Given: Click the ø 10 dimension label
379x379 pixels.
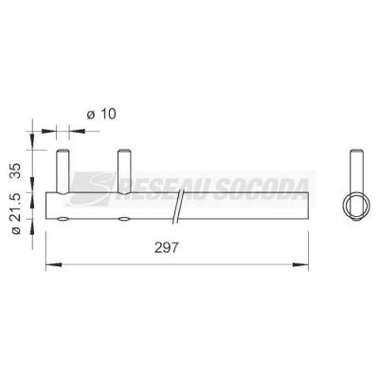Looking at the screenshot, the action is [101, 114].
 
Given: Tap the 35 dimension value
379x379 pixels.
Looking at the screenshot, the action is [15, 171].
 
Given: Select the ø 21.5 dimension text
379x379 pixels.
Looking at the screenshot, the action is [15, 214].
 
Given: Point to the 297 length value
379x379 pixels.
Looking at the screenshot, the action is [167, 247].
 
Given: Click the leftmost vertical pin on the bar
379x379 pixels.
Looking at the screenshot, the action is [63, 171].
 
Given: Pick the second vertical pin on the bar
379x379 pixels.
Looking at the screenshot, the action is [124, 171].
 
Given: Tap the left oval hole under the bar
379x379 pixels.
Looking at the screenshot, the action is [63, 220].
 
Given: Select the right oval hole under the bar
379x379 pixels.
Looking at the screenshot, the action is [124, 220].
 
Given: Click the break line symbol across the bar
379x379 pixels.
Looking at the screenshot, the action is [178, 207].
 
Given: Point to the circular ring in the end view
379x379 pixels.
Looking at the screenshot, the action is [344, 206].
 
